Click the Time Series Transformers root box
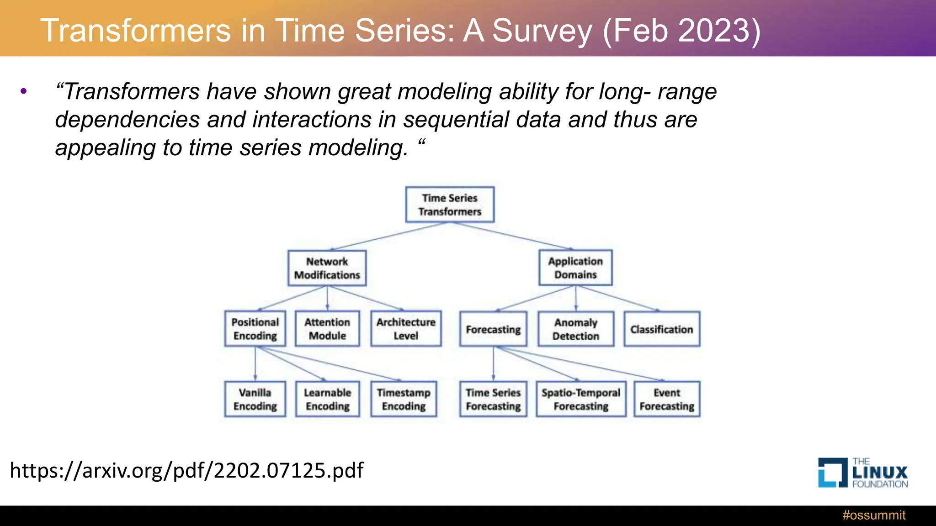[x=450, y=205]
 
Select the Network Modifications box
[x=327, y=268]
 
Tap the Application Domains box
[x=575, y=268]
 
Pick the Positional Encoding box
[x=255, y=329]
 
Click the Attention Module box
[x=327, y=329]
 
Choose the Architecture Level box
[x=406, y=329]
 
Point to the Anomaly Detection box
[x=575, y=329]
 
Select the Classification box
[x=662, y=329]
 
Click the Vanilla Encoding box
[x=255, y=399]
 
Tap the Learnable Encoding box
[x=327, y=399]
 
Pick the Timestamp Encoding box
[x=404, y=399]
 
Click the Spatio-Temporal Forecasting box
[x=581, y=399]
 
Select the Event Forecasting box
[x=667, y=399]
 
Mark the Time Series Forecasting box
[x=493, y=399]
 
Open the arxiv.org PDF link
[x=186, y=470]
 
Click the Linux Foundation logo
[x=862, y=473]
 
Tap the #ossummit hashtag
[x=873, y=515]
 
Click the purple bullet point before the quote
[x=24, y=91]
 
